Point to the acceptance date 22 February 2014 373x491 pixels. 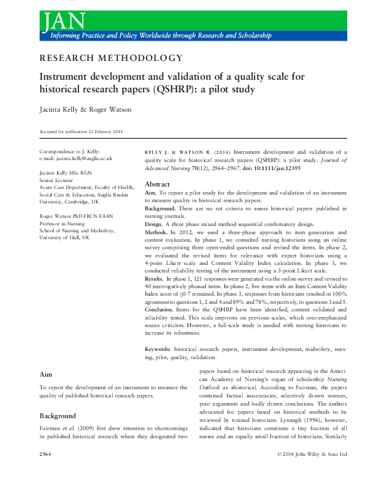(104, 131)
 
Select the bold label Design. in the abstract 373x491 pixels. (155, 224)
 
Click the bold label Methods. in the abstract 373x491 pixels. (157, 232)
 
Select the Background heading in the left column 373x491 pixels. (58, 416)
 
